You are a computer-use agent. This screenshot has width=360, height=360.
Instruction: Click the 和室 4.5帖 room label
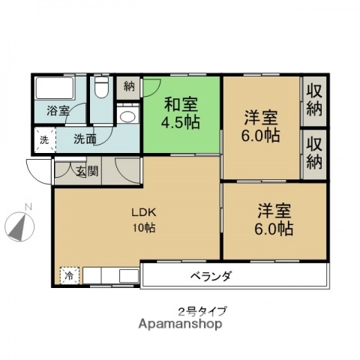click(182, 112)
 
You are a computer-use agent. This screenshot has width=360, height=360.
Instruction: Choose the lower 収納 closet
click(314, 153)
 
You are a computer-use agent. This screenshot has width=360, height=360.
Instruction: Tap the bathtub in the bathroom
click(54, 91)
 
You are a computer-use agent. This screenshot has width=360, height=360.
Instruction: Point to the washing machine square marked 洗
click(43, 139)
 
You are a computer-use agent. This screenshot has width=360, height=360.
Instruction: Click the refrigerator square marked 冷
click(69, 275)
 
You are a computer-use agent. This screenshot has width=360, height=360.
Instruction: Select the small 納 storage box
click(129, 85)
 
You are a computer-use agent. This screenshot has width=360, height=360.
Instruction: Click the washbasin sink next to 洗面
click(127, 116)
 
